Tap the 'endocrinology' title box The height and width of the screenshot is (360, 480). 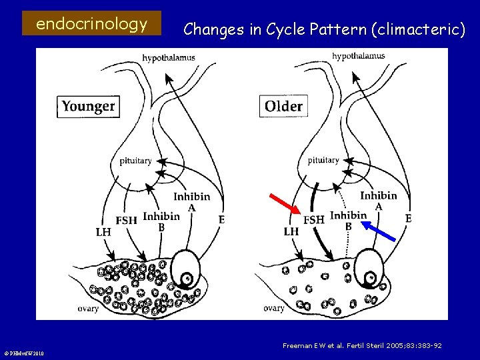click(91, 25)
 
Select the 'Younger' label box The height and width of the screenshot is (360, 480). click(88, 106)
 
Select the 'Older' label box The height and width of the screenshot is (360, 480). click(283, 106)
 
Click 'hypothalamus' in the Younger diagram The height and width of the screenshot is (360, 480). click(169, 58)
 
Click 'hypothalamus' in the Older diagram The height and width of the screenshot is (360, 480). click(358, 56)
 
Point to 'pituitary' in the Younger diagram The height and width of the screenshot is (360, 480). click(135, 161)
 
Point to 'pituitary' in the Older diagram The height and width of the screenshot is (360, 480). click(323, 160)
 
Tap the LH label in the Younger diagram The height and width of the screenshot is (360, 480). click(103, 232)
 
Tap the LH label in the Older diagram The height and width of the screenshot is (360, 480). click(291, 232)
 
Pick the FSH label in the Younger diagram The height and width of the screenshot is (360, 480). click(127, 221)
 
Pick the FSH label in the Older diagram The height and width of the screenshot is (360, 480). click(314, 219)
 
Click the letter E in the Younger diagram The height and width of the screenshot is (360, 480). click(221, 219)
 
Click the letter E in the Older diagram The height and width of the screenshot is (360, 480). click(409, 218)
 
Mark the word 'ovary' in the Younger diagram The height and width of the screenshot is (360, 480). click(88, 309)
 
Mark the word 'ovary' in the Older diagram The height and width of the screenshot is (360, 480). click(273, 308)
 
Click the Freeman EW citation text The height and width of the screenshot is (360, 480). click(362, 345)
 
